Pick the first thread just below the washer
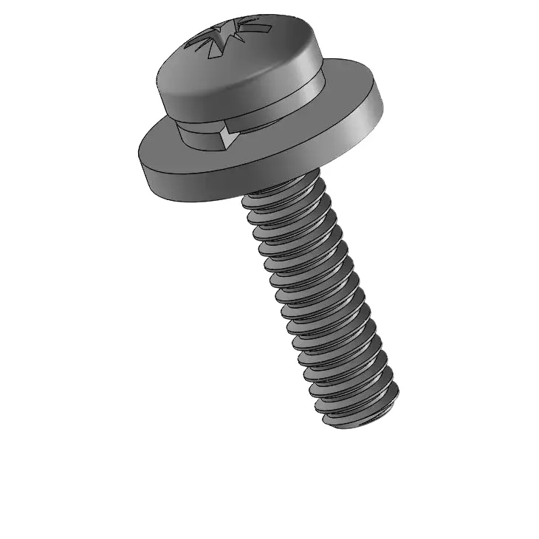click(284, 193)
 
